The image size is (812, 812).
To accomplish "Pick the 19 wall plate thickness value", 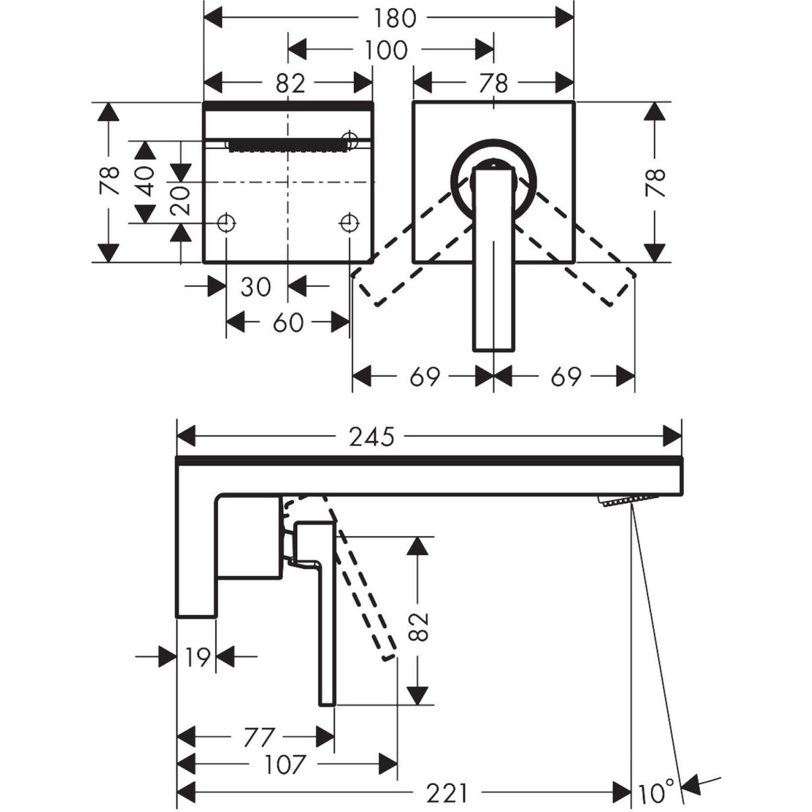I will pos(196,656).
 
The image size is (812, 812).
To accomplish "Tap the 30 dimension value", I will pos(255,286).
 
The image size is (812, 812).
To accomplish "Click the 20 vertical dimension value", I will pos(179,200).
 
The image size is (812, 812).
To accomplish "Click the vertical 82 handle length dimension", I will pos(420,627).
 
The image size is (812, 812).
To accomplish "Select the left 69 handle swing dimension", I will pos(424,376).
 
